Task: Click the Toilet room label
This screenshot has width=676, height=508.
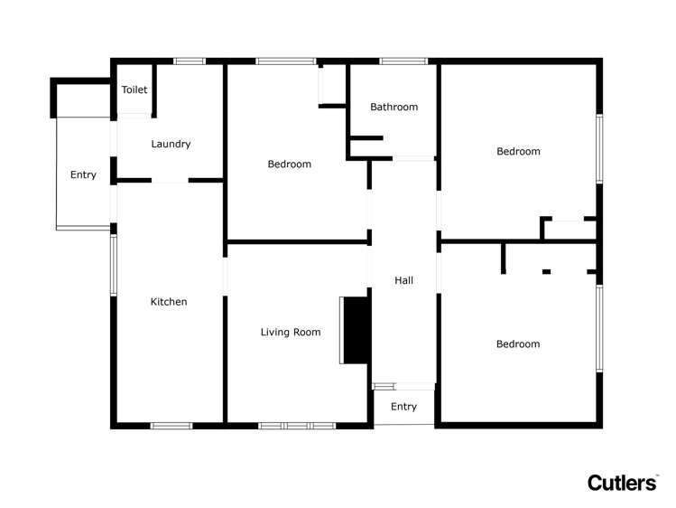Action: [134, 89]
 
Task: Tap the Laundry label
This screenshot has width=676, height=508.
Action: [171, 144]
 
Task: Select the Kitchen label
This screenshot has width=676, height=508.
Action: [169, 302]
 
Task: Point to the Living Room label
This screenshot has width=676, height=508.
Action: [291, 332]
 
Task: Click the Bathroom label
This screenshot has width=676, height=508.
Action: [394, 107]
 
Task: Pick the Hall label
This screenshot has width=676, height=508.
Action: [404, 280]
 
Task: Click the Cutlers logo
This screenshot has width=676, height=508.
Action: [623, 483]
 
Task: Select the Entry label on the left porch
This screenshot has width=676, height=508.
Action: [83, 174]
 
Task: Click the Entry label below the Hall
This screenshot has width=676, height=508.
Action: [404, 407]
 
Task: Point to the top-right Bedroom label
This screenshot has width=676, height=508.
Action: [518, 151]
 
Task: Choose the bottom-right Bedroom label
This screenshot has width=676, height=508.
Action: [518, 344]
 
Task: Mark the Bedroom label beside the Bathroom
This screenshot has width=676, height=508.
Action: [290, 164]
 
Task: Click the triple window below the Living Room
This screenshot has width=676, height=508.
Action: [297, 426]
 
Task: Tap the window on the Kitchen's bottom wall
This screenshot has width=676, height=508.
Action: [171, 426]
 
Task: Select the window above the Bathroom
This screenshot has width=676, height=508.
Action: [403, 61]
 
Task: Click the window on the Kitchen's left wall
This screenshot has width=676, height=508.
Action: [114, 265]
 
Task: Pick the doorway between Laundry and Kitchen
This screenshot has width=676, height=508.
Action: [170, 181]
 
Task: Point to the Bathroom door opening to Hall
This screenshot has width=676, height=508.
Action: [413, 159]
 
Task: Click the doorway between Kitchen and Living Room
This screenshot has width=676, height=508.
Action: [225, 277]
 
